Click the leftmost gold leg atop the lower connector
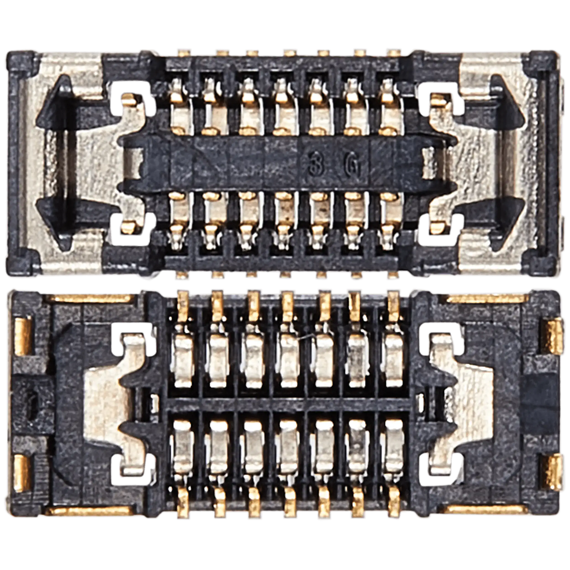184,305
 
